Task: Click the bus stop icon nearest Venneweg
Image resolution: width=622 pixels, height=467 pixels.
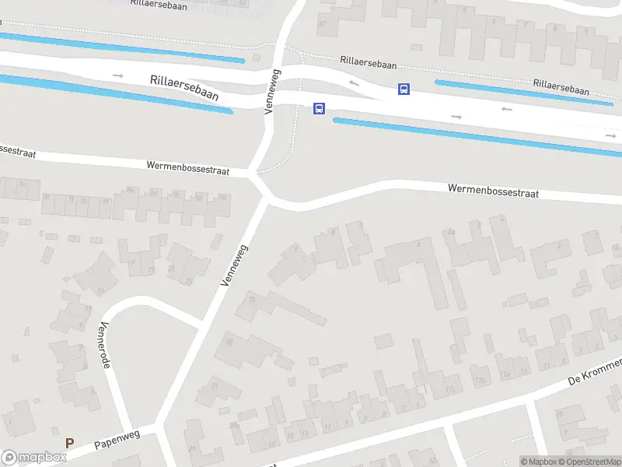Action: coord(319,109)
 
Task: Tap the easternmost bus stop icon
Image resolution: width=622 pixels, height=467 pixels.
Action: coord(404,90)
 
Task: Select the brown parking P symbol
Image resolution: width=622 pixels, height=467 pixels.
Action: coord(69,444)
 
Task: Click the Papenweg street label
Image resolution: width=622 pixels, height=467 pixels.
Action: coord(116,440)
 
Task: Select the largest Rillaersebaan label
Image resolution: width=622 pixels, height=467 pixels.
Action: coord(184,86)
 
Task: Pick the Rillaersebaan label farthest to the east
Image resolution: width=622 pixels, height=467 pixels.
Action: coord(561,86)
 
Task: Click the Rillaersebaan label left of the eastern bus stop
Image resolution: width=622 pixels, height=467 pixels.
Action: coord(369,60)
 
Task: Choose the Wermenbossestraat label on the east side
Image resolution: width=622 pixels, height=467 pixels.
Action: coord(493,191)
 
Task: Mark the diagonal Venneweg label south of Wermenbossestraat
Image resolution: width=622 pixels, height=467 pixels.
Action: coord(234,265)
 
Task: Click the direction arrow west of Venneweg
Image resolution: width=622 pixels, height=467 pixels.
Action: coord(118,75)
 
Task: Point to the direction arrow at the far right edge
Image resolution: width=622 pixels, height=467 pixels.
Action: coord(611,135)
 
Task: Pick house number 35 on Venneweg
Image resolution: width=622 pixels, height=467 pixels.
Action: coord(251,298)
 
